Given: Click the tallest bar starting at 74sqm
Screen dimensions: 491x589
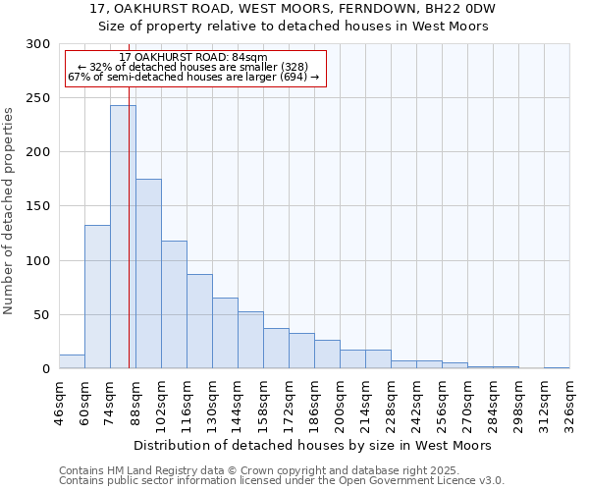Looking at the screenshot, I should [x=123, y=237].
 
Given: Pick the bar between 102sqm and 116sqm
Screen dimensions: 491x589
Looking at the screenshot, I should [x=174, y=304].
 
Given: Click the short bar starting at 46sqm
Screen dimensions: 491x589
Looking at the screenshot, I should [x=72, y=361].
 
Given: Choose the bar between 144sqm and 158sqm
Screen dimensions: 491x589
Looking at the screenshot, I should [x=250, y=340].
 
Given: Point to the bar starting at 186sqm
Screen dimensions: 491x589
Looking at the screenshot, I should [x=327, y=355].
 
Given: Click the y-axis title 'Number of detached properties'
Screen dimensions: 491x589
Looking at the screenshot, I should [x=9, y=211].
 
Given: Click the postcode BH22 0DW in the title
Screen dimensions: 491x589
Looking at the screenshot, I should [x=462, y=9].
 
